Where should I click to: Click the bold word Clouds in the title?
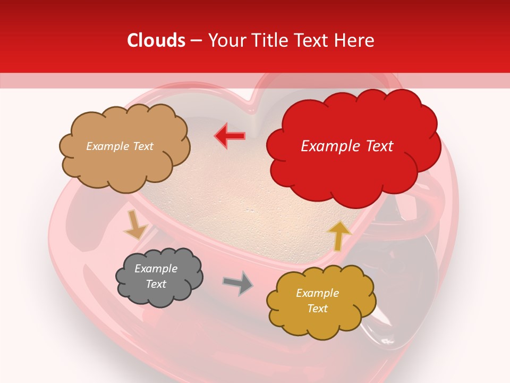(x=156, y=40)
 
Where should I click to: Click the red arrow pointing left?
(x=229, y=136)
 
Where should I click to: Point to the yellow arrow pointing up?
(x=339, y=236)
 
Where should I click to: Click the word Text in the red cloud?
(x=378, y=146)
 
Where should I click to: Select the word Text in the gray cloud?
(x=156, y=284)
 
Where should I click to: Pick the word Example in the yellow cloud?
(x=317, y=293)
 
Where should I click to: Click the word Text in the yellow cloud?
(x=317, y=309)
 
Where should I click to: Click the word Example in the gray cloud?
(x=156, y=269)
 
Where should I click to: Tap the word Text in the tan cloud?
(x=143, y=146)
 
